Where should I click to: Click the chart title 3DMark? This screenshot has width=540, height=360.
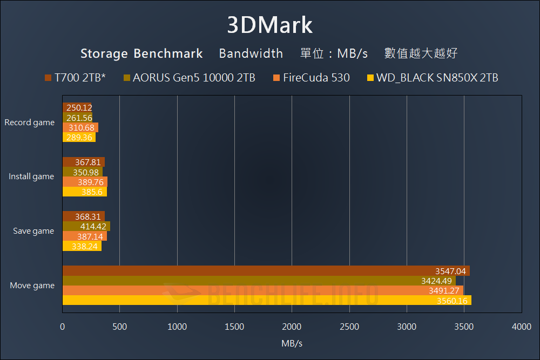click(x=269, y=25)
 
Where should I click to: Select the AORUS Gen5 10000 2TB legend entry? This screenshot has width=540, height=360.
click(x=190, y=78)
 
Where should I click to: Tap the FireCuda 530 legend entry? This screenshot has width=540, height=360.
click(x=312, y=78)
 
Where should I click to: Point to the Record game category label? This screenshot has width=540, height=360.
click(x=30, y=123)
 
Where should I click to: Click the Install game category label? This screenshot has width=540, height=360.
click(x=31, y=176)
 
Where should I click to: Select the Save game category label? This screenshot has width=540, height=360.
click(x=33, y=231)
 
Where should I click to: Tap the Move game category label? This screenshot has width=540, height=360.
click(x=32, y=286)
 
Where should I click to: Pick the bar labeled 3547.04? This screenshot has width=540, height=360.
click(x=266, y=271)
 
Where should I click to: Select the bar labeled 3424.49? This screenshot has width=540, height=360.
click(x=259, y=281)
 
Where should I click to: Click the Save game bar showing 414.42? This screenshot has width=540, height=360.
click(x=86, y=226)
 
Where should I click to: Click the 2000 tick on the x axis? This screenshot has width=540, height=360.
click(x=292, y=327)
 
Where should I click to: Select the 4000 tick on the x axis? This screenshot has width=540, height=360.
click(x=521, y=327)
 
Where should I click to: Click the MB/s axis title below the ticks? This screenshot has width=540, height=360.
click(x=292, y=343)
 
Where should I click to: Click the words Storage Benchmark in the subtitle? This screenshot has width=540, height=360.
click(x=141, y=53)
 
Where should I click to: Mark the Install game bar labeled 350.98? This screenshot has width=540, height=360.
click(x=83, y=172)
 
